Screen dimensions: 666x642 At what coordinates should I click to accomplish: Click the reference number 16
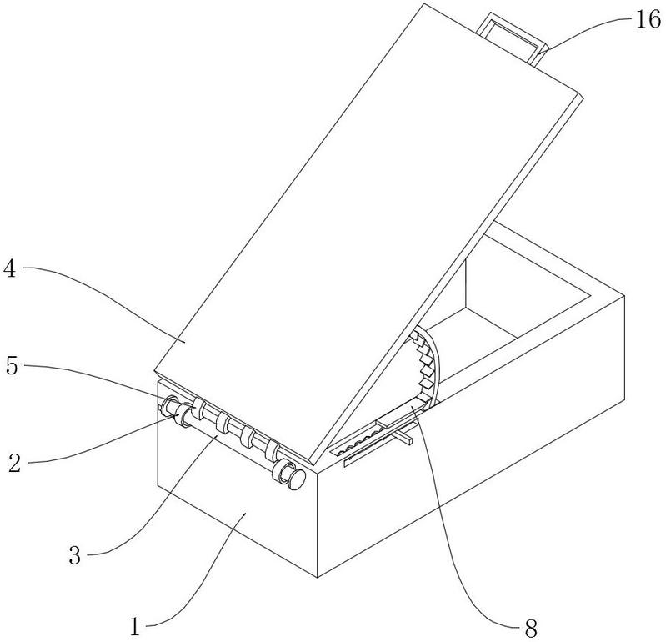(648, 20)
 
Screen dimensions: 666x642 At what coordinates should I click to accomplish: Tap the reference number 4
(9, 268)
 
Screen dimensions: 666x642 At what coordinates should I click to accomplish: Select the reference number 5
(12, 366)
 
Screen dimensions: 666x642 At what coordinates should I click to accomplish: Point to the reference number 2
(14, 463)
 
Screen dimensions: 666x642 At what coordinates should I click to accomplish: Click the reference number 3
(75, 555)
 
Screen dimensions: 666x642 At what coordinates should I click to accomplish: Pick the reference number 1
(135, 627)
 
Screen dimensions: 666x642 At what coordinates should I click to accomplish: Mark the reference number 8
(531, 628)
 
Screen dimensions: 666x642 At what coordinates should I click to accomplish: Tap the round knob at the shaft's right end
(297, 479)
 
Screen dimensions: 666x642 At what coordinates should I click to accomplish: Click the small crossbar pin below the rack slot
(402, 437)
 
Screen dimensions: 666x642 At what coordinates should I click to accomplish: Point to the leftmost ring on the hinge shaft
(170, 404)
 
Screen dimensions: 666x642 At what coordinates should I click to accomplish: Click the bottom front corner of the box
(318, 578)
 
